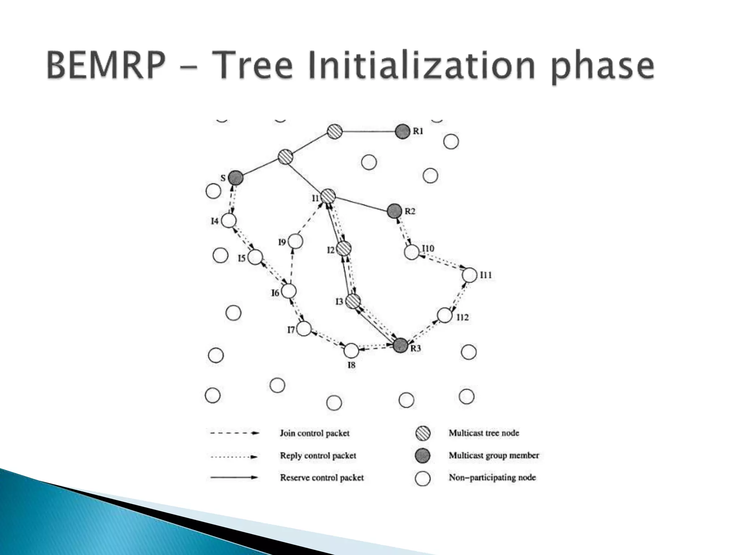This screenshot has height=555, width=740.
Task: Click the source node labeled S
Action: coord(236,177)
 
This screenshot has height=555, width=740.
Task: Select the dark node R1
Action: coord(403,132)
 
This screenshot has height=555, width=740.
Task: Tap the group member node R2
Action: coord(394,211)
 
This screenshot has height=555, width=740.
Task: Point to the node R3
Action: coord(400,345)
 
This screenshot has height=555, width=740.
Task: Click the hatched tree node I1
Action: coord(328,196)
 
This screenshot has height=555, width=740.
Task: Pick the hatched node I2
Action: coord(344,248)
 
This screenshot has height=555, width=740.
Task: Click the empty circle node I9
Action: coord(295,241)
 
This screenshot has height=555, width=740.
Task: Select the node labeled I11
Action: coord(470,275)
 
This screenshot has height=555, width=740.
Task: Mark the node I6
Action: coord(289,291)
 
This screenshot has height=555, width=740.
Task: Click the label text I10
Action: coord(428,249)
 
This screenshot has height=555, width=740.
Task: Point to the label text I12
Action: coord(462,317)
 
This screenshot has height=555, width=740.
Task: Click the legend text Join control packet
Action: coord(314,433)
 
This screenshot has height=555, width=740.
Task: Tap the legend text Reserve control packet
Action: coord(322,478)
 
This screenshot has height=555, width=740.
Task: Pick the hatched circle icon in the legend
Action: coord(422,433)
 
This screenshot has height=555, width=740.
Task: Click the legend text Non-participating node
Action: coord(492,478)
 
